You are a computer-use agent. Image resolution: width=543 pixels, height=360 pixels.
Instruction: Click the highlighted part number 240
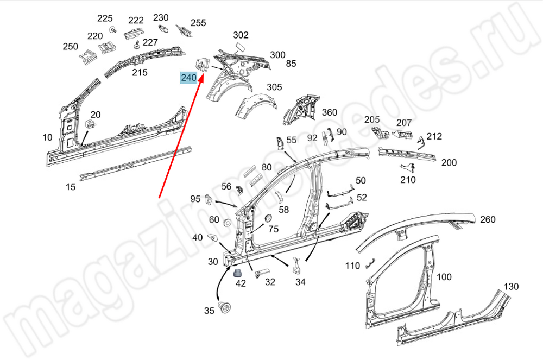189,78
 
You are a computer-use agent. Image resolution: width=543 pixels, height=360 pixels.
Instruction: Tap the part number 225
105,18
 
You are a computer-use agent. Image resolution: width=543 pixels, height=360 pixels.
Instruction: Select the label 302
241,35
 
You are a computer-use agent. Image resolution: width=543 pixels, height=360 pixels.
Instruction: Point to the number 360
330,112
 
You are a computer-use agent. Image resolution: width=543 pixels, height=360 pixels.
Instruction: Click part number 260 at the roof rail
488,219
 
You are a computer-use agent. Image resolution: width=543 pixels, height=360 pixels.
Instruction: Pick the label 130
511,286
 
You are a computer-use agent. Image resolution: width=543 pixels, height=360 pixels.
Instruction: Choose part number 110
353,266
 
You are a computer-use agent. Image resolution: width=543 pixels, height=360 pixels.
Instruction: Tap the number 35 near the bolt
210,311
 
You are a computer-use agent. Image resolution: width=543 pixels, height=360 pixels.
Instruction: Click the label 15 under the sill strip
71,187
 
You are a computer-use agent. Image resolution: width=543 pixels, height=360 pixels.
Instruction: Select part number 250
71,47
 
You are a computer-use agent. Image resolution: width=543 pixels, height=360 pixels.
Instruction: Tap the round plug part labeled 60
226,223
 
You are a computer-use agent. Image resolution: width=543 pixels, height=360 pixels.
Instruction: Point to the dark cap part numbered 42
238,271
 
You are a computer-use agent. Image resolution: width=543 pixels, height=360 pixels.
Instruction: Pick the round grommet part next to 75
267,218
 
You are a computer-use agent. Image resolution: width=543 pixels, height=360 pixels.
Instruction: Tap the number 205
371,119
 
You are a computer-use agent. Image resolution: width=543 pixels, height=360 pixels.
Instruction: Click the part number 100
444,277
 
